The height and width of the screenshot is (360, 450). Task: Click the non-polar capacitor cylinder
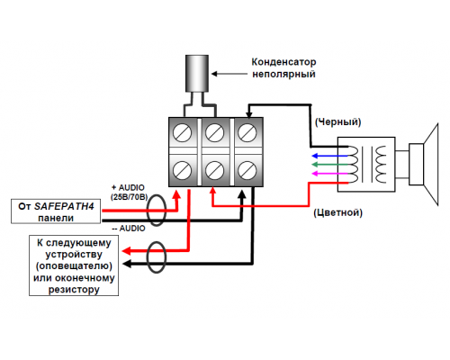click(197, 73)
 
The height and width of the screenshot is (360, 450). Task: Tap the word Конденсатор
click(283, 62)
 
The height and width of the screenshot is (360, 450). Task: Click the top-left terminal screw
click(183, 132)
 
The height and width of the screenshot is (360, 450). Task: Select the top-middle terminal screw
click(215, 132)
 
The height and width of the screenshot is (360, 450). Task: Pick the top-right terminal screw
click(247, 132)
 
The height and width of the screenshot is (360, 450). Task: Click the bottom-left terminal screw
click(183, 170)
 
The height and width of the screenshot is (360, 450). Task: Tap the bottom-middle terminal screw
click(215, 170)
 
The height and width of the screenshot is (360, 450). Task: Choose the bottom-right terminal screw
click(247, 170)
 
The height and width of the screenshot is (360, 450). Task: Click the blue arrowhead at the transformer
click(315, 156)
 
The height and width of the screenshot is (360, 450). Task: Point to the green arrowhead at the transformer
click(315, 165)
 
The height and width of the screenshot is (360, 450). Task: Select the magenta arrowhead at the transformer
click(315, 174)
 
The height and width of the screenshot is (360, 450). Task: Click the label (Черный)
click(337, 121)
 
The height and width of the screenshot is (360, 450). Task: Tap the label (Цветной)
click(338, 212)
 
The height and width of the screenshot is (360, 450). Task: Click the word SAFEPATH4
click(64, 206)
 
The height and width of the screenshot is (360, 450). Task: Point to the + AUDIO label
click(128, 188)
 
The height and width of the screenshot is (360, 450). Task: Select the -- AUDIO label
click(129, 229)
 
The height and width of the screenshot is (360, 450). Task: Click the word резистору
click(74, 290)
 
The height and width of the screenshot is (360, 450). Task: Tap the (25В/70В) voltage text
click(130, 197)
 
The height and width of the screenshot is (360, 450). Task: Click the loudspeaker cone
click(431, 165)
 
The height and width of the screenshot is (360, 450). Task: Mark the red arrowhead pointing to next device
click(126, 251)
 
